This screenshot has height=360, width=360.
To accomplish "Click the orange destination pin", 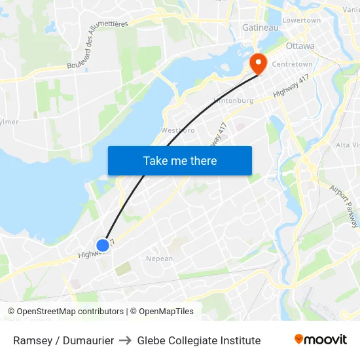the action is [259, 62].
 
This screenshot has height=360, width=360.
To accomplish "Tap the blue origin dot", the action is [103, 245].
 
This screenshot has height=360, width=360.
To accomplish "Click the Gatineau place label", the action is [261, 27].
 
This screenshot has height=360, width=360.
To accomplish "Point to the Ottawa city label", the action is [300, 46].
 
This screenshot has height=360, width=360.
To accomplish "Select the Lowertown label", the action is [301, 20].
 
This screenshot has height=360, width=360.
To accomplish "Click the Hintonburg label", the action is [233, 101].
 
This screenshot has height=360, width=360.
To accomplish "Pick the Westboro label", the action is [178, 130].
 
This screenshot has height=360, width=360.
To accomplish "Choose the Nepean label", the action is [159, 259].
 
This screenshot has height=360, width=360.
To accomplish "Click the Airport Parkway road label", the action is [344, 206].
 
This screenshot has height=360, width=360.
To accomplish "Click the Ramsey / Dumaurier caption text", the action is [63, 340].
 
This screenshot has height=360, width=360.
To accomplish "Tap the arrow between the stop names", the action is [125, 340].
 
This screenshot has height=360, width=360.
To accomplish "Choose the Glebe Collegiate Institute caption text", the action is [199, 340].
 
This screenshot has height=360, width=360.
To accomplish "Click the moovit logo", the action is [320, 339].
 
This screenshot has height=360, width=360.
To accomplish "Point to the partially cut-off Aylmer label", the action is [9, 122].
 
